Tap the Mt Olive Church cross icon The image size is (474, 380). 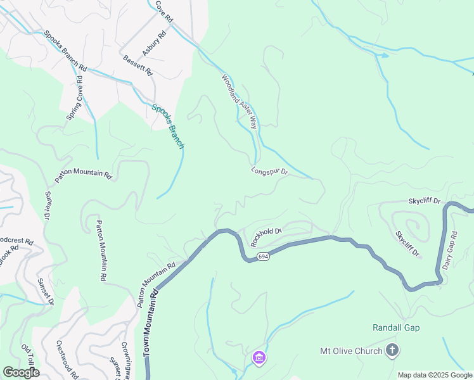pyautogui.click(x=392, y=350)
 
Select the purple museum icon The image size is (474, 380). pyautogui.click(x=259, y=358)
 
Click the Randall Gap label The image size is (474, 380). pyautogui.click(x=396, y=327)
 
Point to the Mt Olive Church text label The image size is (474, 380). pyautogui.click(x=351, y=351)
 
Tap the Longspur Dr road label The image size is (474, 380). pyautogui.click(x=269, y=171)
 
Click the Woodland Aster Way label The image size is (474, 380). pyautogui.click(x=240, y=101)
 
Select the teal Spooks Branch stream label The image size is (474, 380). pyautogui.click(x=168, y=126)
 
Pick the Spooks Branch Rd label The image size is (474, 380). pyautogui.click(x=65, y=50)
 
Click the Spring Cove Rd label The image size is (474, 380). pyautogui.click(x=75, y=98)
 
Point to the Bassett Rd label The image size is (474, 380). pyautogui.click(x=138, y=65)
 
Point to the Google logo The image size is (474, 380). pyautogui.click(x=21, y=372)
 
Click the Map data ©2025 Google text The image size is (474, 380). pyautogui.click(x=435, y=375)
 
